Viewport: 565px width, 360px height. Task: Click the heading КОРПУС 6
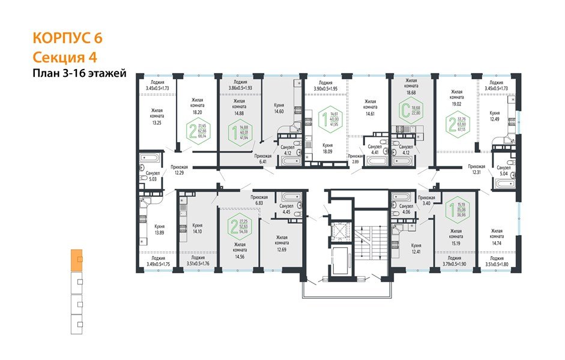pyautogui.click(x=67, y=38)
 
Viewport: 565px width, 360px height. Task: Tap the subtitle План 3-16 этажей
pyautogui.click(x=79, y=74)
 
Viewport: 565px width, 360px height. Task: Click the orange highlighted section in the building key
pyautogui.click(x=76, y=260)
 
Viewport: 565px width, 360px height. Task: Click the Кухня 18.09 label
pyautogui.click(x=328, y=148)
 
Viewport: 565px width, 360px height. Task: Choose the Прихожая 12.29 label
pyautogui.click(x=179, y=170)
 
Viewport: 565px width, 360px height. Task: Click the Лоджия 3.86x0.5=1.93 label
pyautogui.click(x=240, y=85)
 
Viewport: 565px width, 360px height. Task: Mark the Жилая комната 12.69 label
pyautogui.click(x=282, y=242)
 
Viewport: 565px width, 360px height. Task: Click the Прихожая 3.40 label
pyautogui.click(x=426, y=200)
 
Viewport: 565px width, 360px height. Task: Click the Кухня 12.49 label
pyautogui.click(x=495, y=115)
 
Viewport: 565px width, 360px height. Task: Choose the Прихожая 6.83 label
pyautogui.click(x=259, y=200)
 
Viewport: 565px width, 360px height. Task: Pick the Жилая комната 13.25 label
pyautogui.click(x=157, y=116)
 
